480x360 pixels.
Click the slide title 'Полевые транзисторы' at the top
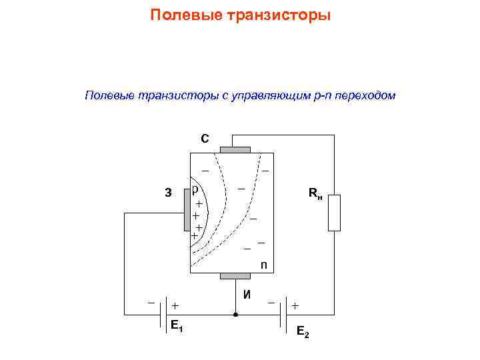[x=240, y=15]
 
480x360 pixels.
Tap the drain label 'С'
[x=205, y=139]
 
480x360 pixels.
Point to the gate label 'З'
[x=168, y=193]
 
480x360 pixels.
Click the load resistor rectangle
[x=334, y=213]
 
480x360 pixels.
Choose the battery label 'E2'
[x=302, y=331]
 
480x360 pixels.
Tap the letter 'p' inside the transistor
[x=195, y=189]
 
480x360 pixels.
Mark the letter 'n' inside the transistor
[x=264, y=265]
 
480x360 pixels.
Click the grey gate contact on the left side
[x=187, y=213]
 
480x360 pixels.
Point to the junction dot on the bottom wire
[x=235, y=313]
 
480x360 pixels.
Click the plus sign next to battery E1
[x=175, y=305]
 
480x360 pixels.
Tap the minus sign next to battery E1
[x=151, y=303]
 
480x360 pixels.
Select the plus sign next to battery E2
[x=295, y=305]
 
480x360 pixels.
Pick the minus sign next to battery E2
[x=271, y=303]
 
